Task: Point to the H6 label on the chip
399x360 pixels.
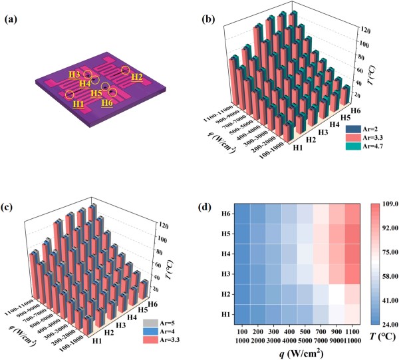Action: pos(106,102)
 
